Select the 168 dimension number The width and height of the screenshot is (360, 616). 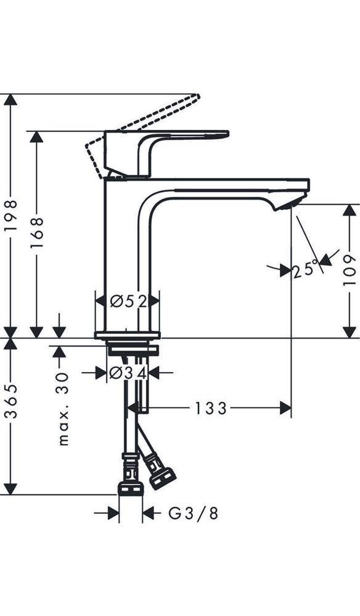tap(37, 233)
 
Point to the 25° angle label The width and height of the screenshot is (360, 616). tap(306, 269)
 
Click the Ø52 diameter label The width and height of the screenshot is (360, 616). tap(128, 301)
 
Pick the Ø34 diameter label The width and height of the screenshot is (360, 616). tap(127, 373)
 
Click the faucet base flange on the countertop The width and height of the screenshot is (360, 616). tap(127, 336)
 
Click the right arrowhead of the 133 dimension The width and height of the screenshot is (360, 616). tap(286, 408)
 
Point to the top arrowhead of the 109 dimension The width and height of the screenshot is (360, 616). tap(349, 210)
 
